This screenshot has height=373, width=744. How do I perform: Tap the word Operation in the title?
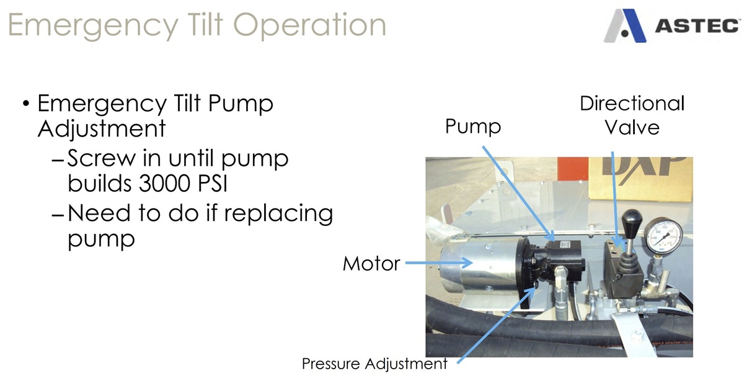pos(309,25)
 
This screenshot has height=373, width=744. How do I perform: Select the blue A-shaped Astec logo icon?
pos(625,25)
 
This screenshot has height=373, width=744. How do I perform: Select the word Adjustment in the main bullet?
pos(102,128)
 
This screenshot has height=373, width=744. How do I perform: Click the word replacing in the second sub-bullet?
pos(278,214)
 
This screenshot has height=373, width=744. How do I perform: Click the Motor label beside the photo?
pos(371,264)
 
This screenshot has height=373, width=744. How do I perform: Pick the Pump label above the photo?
pos(473,127)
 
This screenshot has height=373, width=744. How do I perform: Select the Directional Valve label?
pos(632,115)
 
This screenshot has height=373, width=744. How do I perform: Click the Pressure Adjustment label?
pos(374,364)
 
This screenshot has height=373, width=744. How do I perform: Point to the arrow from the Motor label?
pos(439,263)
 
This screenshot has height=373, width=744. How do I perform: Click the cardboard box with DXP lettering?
pos(640,179)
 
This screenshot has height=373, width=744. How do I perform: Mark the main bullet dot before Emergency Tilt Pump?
pos(26,104)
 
